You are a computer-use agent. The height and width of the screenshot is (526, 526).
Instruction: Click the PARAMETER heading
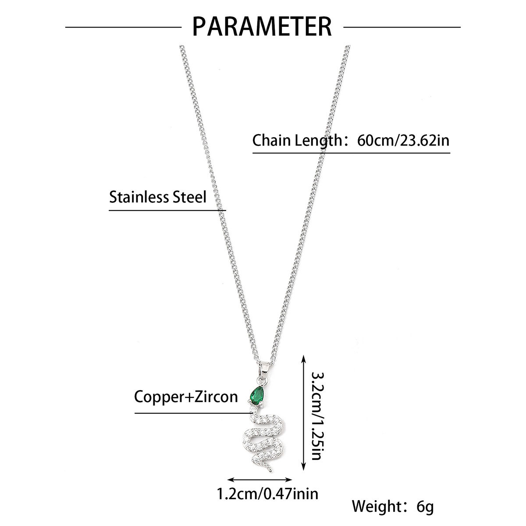pos(263,26)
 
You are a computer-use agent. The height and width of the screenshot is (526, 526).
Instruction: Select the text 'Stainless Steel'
pos(157,196)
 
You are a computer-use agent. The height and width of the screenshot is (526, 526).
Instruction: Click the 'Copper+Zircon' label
pos(186,397)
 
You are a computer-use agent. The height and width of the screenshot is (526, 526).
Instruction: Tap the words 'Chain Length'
pos(296,141)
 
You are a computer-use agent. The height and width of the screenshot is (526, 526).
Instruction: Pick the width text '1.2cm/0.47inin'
pos(268,494)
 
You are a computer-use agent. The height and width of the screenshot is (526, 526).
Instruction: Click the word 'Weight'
pos(377,507)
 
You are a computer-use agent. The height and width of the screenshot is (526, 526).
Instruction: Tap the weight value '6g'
pos(425,507)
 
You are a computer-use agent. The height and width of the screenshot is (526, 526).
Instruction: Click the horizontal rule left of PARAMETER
pos(123,27)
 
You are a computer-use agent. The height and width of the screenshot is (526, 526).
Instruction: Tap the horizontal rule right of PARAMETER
pos(402,27)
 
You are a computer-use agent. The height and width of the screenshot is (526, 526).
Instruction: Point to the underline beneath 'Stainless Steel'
pos(167,210)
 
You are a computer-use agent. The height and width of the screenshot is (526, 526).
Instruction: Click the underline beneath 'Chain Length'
pos(351,153)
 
